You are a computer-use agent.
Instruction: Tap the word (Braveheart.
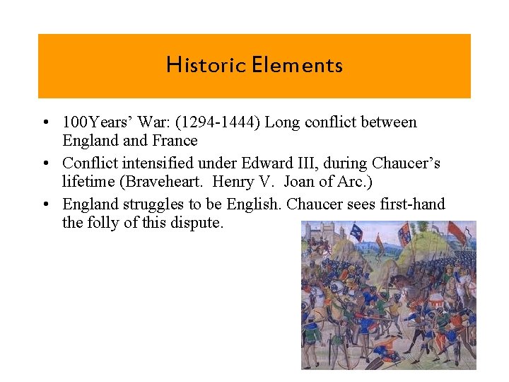[x=160, y=182]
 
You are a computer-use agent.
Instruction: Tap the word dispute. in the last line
[x=200, y=223]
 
